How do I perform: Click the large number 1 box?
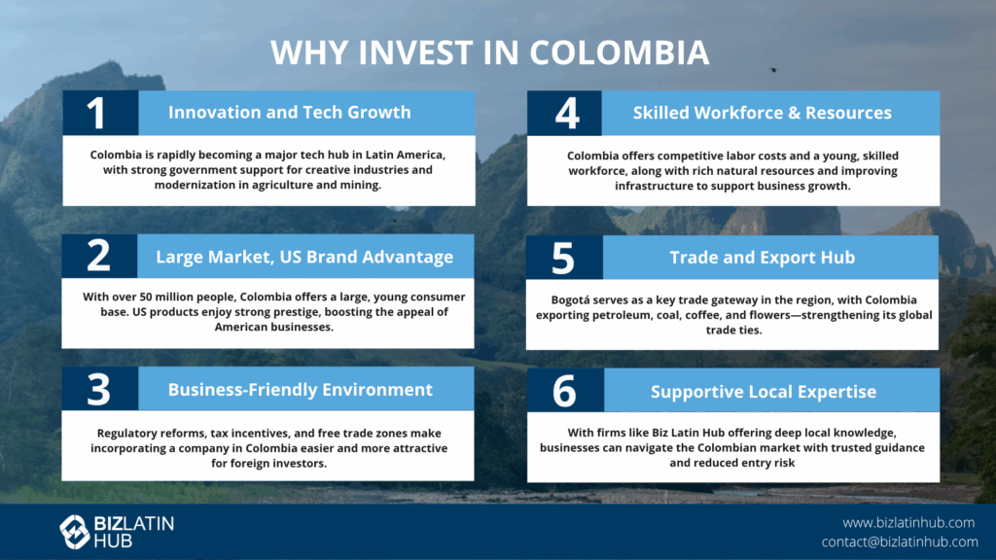point(100,113)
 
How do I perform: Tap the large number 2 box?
point(99,256)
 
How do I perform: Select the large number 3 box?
point(100,389)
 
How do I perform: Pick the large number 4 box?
point(565,113)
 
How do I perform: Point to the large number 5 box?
point(564,257)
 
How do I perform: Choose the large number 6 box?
point(565,391)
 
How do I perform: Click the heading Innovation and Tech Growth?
point(290,113)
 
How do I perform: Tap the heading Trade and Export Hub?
point(763,257)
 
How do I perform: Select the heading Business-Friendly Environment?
point(301,389)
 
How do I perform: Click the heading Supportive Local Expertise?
point(764,391)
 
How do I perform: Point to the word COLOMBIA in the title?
point(620,52)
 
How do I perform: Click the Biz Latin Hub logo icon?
point(74,532)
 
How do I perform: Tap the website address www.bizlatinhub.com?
point(908,522)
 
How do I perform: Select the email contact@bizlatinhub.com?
point(900,542)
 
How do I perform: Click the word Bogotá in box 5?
point(570,299)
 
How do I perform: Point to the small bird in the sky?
point(773,70)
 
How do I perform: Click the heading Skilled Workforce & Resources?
point(763,113)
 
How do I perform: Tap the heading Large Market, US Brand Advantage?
point(304,257)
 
